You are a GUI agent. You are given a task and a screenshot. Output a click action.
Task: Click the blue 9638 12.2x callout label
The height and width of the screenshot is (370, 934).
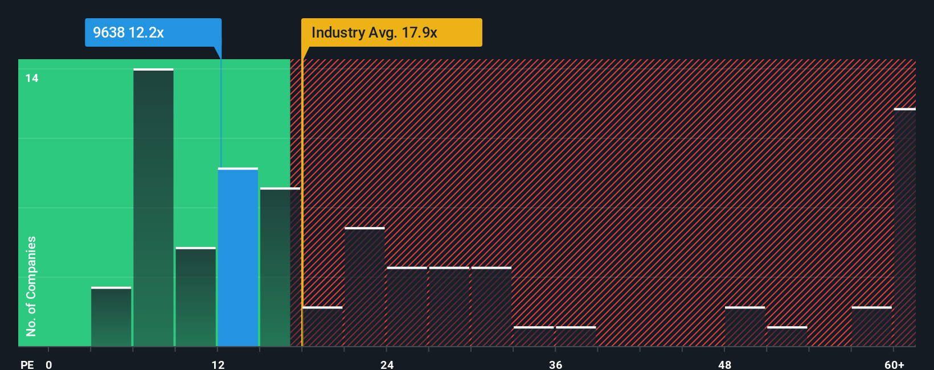153,32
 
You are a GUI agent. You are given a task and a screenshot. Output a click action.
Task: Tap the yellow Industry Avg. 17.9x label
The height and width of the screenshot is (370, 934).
391,32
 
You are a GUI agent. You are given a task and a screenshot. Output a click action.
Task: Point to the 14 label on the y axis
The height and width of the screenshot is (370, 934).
32,78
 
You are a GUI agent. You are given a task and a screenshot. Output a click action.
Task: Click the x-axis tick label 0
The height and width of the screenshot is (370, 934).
49,364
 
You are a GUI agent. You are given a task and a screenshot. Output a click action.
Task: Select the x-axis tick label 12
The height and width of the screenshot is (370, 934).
218,364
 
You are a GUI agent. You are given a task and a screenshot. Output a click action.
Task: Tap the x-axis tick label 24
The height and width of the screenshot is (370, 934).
387,364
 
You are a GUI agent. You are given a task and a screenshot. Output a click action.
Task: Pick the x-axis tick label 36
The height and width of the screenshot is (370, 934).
556,364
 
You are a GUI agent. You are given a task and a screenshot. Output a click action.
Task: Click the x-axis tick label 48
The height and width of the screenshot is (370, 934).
724,364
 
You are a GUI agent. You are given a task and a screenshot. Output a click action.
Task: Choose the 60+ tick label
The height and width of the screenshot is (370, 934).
894,364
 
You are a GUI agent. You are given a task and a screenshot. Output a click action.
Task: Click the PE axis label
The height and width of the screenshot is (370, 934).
27,364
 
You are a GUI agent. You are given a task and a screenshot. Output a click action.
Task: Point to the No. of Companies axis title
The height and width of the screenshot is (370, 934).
31,286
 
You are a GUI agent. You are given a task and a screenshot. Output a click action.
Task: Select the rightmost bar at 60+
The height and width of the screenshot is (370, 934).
904,228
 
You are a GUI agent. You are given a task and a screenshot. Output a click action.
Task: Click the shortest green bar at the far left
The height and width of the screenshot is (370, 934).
111,317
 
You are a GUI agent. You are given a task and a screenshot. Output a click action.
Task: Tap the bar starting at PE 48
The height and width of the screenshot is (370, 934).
745,327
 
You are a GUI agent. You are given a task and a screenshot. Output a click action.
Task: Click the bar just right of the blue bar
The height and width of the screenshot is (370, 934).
280,268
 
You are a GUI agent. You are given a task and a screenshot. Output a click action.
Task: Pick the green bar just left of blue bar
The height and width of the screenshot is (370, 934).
195,297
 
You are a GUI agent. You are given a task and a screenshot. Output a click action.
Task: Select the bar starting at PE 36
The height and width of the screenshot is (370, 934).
576,336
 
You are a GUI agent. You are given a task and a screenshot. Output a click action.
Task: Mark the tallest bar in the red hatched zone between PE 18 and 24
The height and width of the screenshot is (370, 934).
364,287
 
